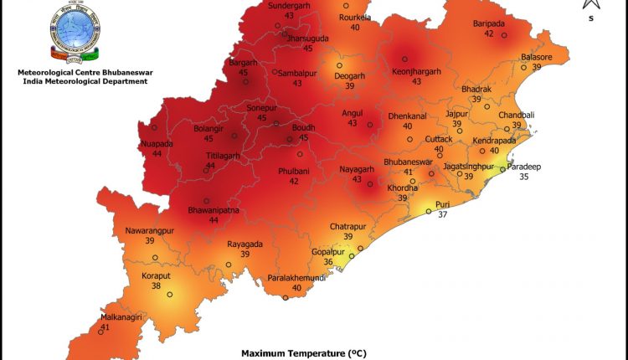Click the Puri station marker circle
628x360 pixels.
pos(429,212)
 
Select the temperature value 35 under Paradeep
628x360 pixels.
pos(525,177)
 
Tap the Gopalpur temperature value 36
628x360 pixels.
pos(328,262)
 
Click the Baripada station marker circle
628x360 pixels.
pos(504,35)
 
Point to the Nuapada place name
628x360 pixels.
pos(157,143)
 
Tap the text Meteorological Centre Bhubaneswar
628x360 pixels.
pos(82,73)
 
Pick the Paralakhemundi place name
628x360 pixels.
pos(296,277)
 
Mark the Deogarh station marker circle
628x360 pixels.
pos(340,65)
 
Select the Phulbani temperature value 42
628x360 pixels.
pos(294,181)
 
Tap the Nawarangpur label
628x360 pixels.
pos(150,230)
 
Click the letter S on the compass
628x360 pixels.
pos(591,18)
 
